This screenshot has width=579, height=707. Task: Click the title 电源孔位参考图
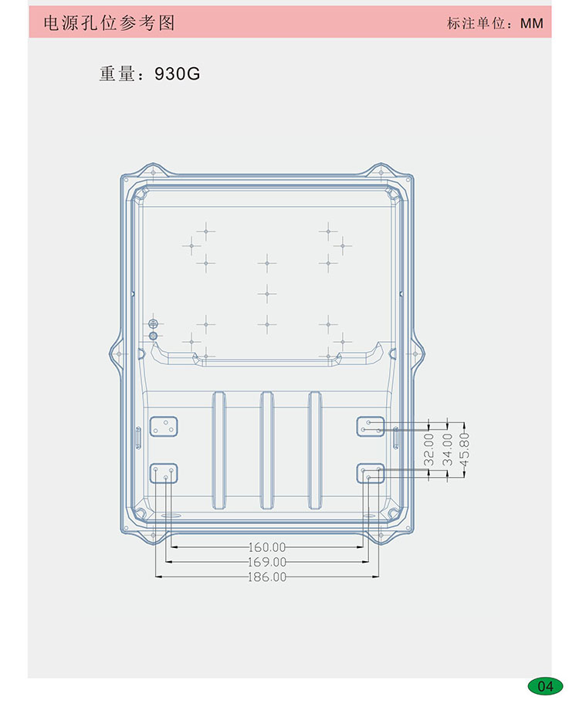click(x=109, y=22)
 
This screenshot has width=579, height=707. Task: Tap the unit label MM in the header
click(x=532, y=23)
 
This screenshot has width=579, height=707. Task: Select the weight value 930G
click(x=178, y=73)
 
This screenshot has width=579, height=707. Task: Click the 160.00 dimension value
click(x=267, y=547)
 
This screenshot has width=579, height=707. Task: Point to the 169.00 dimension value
click(x=267, y=562)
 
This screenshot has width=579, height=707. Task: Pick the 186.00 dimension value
click(x=267, y=577)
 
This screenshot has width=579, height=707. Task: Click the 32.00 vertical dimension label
click(x=429, y=449)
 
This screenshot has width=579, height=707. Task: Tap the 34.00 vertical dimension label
click(x=447, y=449)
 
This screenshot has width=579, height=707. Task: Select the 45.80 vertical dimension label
click(x=465, y=449)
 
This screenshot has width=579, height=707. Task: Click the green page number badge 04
click(x=545, y=686)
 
